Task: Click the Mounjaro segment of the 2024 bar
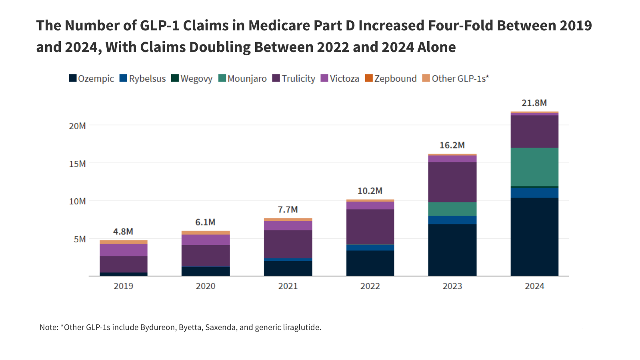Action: (x=534, y=167)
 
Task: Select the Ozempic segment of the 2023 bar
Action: (x=452, y=250)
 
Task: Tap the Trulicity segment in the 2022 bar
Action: (x=370, y=227)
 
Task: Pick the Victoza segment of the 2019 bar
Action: (x=123, y=250)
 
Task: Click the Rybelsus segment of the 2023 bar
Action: (x=452, y=220)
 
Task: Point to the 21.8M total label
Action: (x=534, y=103)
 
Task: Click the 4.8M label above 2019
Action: (x=123, y=232)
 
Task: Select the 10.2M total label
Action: (x=370, y=191)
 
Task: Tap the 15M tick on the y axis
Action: (x=77, y=164)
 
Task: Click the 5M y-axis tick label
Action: (x=80, y=239)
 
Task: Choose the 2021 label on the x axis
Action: (x=288, y=286)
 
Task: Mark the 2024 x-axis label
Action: (x=534, y=286)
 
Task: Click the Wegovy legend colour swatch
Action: (x=175, y=78)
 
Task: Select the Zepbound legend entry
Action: (x=395, y=78)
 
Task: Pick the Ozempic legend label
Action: (x=96, y=78)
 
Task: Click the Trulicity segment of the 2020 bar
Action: (x=206, y=256)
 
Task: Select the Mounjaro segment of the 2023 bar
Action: (x=452, y=209)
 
